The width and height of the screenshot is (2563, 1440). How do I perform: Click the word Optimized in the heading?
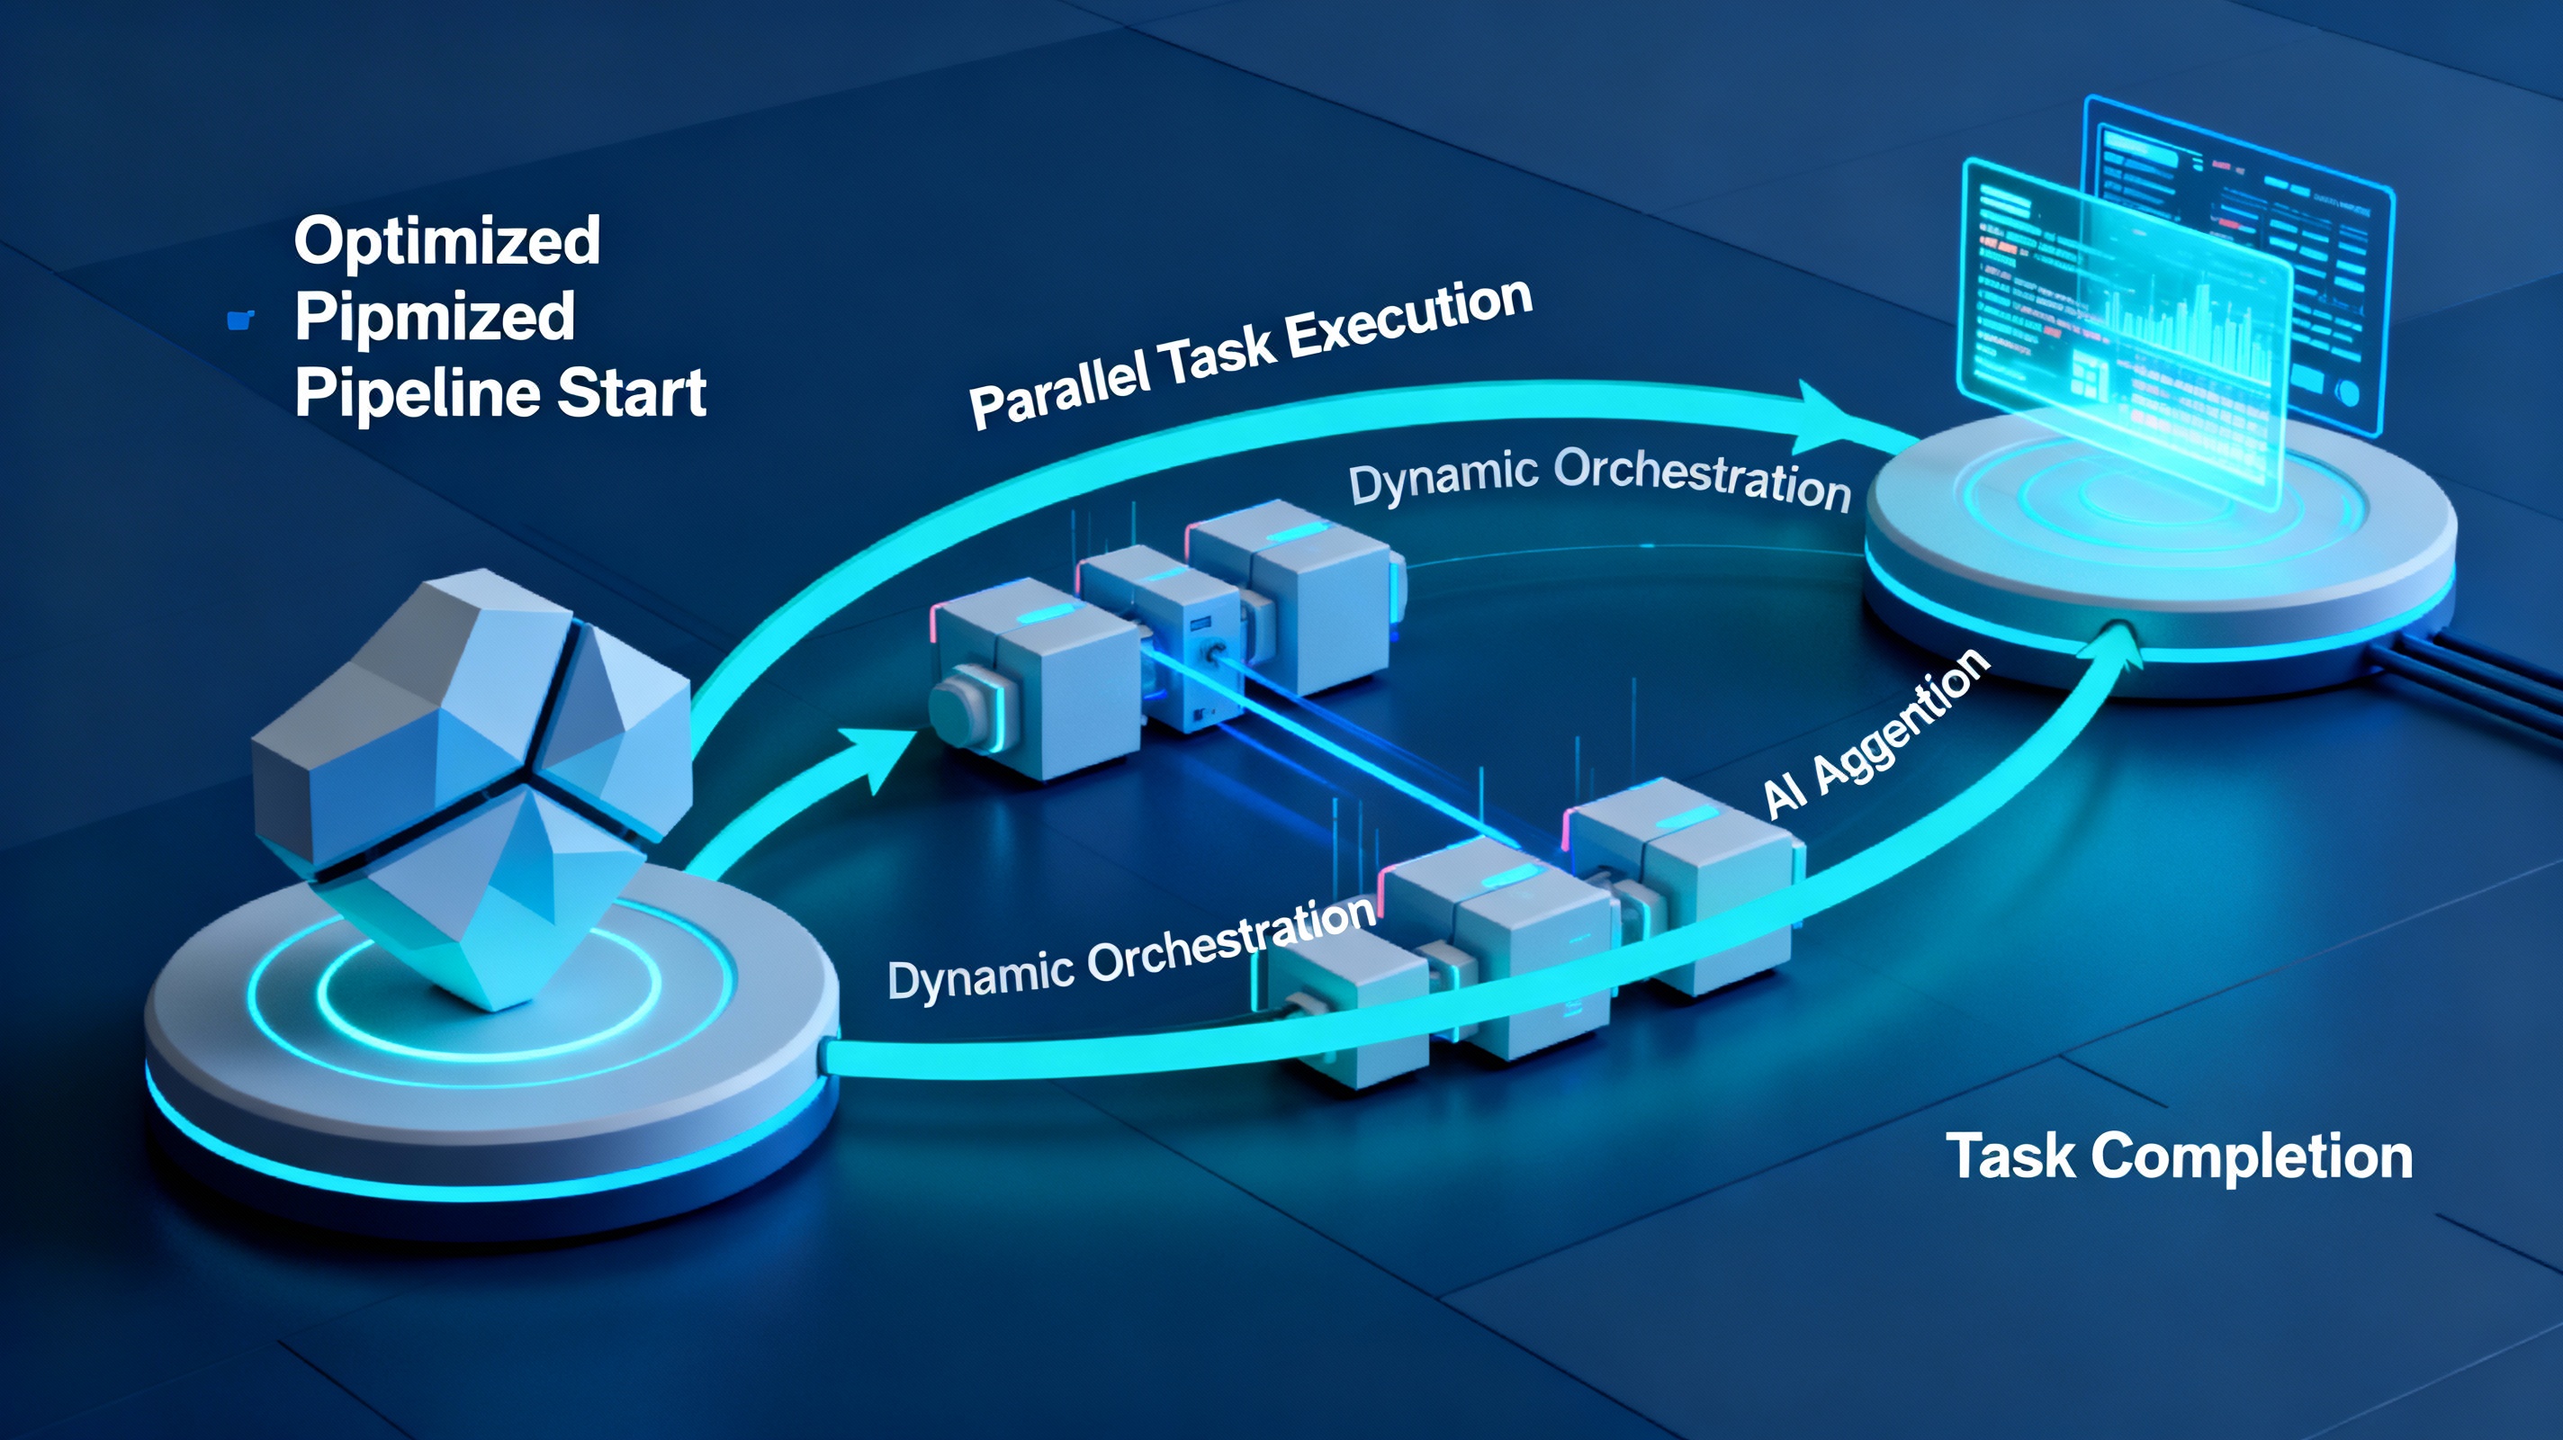(446, 241)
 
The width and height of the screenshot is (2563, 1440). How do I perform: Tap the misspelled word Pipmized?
(435, 317)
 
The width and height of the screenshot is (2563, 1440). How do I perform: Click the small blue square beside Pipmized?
(239, 319)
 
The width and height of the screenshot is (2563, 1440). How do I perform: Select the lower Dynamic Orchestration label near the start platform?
(1131, 950)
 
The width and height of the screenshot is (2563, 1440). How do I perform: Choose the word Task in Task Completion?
(2010, 1156)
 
